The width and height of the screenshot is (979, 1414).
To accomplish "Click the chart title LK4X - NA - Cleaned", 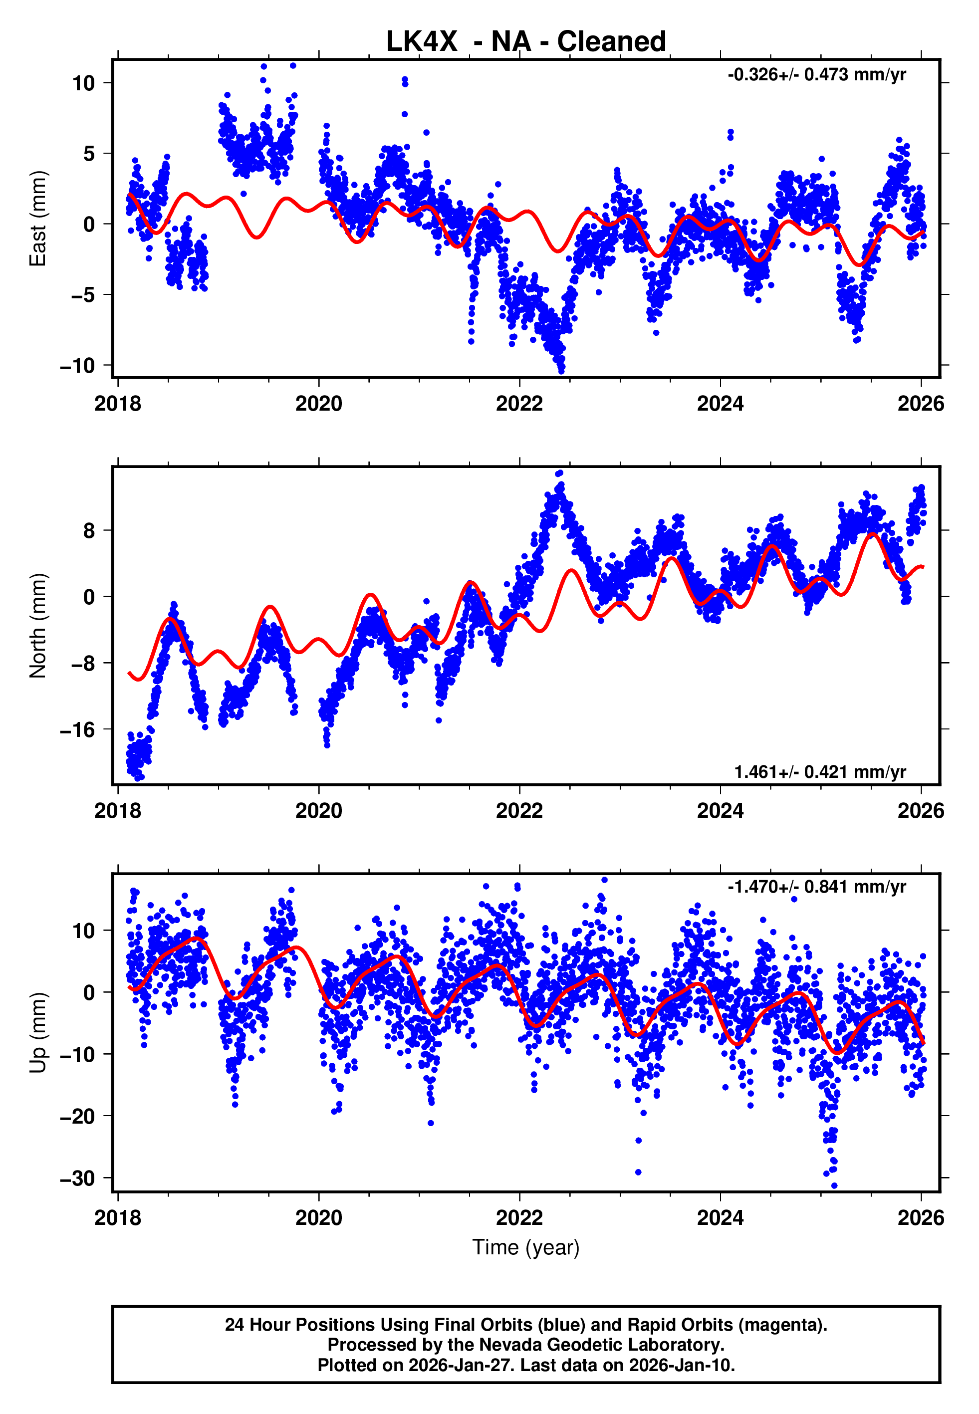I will tap(526, 42).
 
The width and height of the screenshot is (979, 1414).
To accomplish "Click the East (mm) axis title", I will tap(38, 219).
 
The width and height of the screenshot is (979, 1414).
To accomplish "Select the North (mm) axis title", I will tap(38, 626).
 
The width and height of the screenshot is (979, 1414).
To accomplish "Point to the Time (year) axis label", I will tap(526, 1247).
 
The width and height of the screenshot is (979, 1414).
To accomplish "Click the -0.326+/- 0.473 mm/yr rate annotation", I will tap(816, 75).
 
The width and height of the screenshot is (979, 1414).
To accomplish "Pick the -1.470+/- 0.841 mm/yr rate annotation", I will tap(816, 887).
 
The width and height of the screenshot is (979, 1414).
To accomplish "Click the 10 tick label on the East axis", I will tap(83, 83).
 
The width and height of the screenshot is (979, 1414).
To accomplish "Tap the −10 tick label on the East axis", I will tap(77, 366).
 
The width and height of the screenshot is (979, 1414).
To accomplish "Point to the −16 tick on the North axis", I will tap(77, 729).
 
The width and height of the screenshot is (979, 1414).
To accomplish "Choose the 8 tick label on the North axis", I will tap(89, 530).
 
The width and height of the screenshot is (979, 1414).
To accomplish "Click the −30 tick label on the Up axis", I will tap(77, 1178).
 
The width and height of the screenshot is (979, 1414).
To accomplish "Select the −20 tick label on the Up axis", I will tap(77, 1117).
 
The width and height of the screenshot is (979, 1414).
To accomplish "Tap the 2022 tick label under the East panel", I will tap(519, 404).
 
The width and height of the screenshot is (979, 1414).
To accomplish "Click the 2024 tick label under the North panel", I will tap(720, 811).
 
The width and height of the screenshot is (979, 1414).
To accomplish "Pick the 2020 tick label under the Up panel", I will tap(319, 1218).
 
